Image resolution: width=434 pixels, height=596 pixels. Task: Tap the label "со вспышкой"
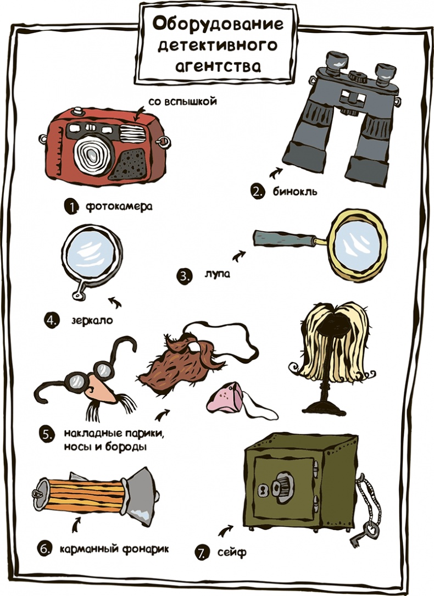coord(175,102)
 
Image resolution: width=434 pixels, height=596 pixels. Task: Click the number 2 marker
coord(256,192)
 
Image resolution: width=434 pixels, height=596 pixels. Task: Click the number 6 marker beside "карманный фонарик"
coord(44,548)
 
